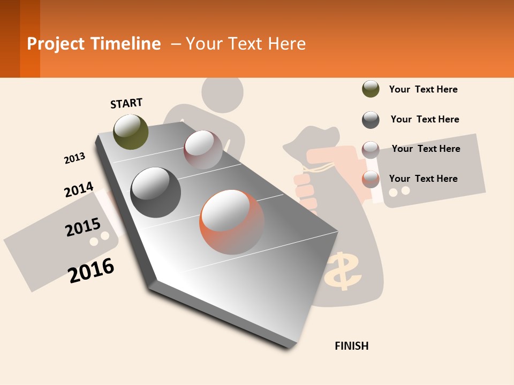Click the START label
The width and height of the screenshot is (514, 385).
coord(126,103)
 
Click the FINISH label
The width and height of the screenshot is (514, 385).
coord(351,346)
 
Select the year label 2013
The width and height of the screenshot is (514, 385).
coord(74,158)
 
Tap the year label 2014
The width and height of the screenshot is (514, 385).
coord(79,190)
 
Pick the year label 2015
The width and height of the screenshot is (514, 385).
coord(83,228)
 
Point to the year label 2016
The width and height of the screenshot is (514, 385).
coord(92,270)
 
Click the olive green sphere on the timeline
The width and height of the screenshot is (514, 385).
coord(131,132)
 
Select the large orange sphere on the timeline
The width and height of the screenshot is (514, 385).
coord(231,221)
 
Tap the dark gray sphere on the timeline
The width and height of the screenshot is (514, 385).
coord(155,192)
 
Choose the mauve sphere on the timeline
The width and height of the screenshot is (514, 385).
coord(203,150)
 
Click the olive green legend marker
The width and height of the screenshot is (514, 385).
coord(371,89)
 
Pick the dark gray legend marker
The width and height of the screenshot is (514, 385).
coord(371,120)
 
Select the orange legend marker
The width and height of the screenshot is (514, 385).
coord(371,179)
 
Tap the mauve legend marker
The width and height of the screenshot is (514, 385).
coord(371,150)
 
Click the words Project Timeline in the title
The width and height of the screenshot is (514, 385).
coord(94,44)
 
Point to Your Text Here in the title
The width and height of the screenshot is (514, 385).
coord(246,44)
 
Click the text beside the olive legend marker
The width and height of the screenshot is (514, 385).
coord(423,89)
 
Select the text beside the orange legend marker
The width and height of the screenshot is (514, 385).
coord(423,179)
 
